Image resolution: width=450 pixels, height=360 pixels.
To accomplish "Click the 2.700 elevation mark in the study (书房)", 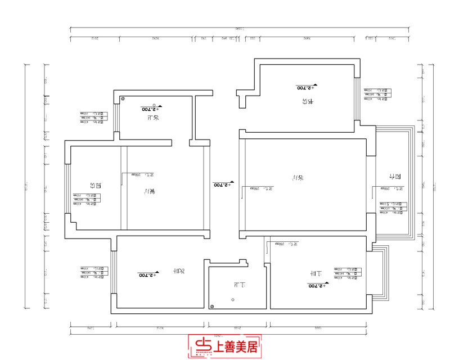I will click(307, 87).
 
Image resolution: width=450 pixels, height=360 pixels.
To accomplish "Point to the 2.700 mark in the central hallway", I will click(223, 184).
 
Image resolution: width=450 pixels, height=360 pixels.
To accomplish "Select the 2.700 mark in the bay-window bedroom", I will click(319, 286).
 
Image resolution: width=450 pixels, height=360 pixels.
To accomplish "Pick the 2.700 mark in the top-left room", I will click(151, 108).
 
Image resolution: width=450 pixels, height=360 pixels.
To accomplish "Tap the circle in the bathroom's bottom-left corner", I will click(212, 306).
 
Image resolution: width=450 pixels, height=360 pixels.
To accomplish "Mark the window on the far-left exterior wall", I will click(66, 188).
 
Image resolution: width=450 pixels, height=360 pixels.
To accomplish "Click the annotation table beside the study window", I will click(376, 93).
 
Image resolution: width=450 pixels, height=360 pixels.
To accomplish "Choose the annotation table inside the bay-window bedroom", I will click(346, 273).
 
